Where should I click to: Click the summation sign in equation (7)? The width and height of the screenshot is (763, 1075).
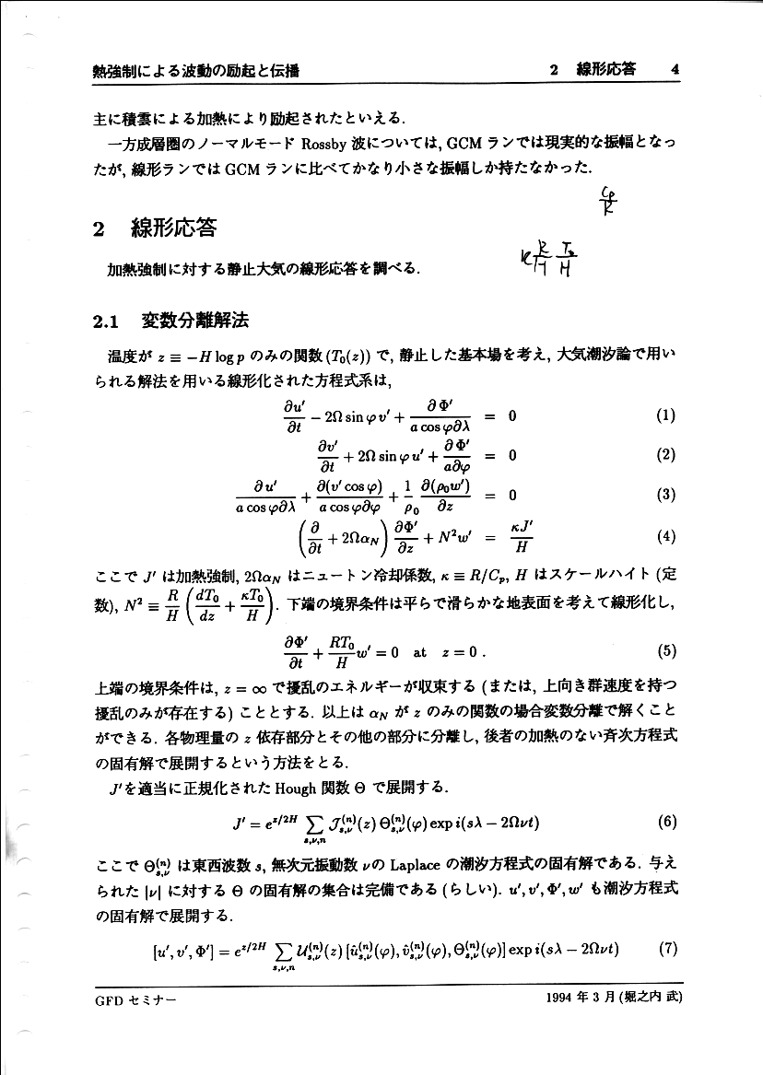[x=278, y=950]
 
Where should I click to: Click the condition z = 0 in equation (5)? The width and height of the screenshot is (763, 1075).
[x=463, y=652]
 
